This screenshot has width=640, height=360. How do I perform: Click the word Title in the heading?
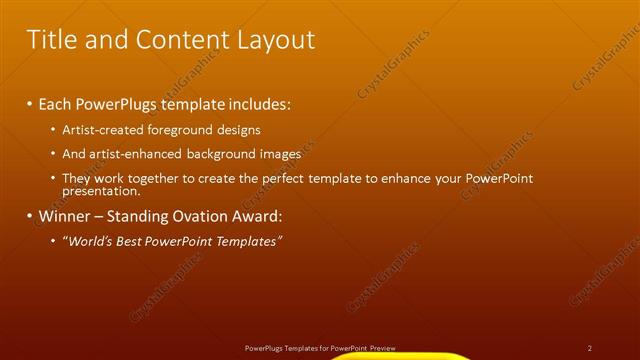(50, 40)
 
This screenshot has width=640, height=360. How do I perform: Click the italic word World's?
(88, 241)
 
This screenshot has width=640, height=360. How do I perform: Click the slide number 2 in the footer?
(590, 348)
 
